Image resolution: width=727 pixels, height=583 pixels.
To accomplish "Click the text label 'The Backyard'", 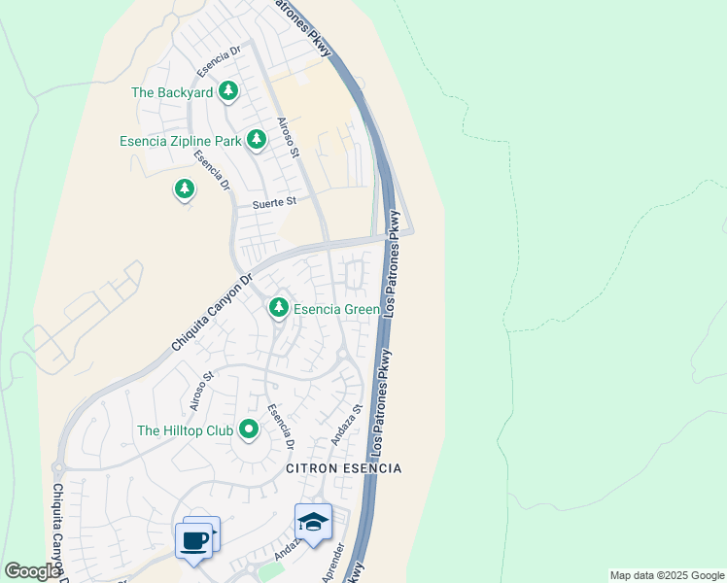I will pyautogui.click(x=172, y=92).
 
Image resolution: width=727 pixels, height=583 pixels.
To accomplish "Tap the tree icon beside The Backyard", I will pyautogui.click(x=228, y=92).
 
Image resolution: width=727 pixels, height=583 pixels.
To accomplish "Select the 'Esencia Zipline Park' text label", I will pyautogui.click(x=180, y=141).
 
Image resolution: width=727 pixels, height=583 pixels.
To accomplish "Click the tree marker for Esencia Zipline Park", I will pyautogui.click(x=257, y=140).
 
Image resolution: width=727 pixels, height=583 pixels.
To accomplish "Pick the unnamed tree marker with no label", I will pyautogui.click(x=185, y=189).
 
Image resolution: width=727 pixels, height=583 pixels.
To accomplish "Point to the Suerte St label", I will pyautogui.click(x=273, y=204).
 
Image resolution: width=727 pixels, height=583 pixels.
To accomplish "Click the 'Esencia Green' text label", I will pyautogui.click(x=336, y=309).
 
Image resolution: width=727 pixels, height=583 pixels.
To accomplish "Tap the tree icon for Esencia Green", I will pyautogui.click(x=279, y=308).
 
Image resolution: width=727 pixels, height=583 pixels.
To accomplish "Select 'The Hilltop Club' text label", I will pyautogui.click(x=185, y=429).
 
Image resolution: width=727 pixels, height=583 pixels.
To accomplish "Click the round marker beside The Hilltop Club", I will pyautogui.click(x=249, y=429).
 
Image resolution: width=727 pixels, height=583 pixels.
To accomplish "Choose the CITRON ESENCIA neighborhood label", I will pyautogui.click(x=343, y=468).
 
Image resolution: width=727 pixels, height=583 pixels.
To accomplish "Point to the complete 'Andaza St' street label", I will pyautogui.click(x=346, y=424).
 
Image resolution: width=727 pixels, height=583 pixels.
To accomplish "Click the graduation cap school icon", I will pyautogui.click(x=313, y=524).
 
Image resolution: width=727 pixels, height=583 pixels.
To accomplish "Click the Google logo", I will pyautogui.click(x=32, y=571).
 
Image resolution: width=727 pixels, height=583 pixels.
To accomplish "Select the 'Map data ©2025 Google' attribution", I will pyautogui.click(x=667, y=575).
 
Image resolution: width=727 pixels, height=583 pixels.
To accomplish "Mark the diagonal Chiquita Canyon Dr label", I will pyautogui.click(x=211, y=312).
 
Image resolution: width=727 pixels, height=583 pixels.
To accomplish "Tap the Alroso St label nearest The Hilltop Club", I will pyautogui.click(x=202, y=389).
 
